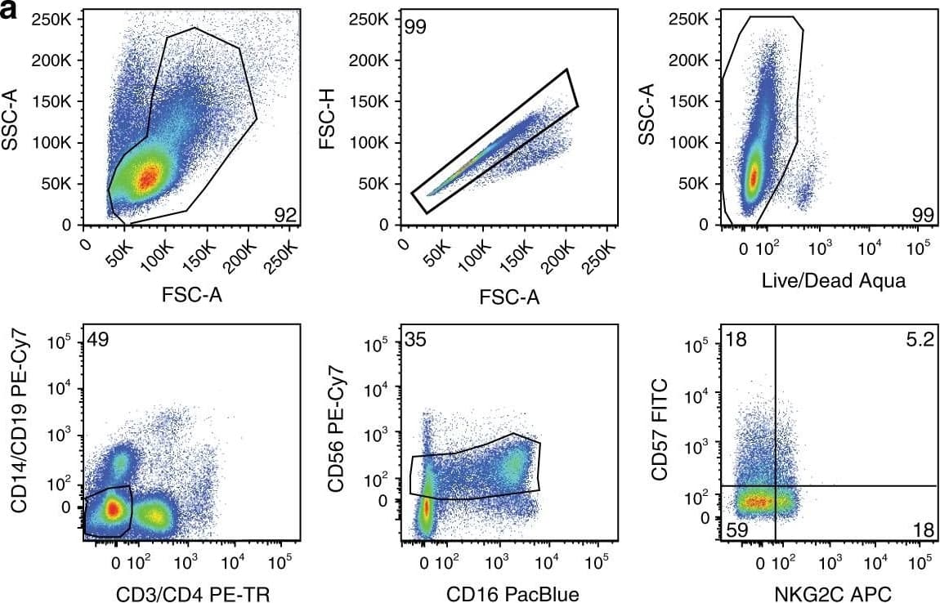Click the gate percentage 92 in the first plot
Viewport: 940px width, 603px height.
coord(285,215)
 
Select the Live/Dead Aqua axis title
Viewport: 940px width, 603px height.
coord(821,281)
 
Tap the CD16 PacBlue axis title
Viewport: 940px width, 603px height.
coord(513,594)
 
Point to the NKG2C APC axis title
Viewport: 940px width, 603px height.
coord(821,594)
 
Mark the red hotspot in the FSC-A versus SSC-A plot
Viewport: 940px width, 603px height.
coord(148,176)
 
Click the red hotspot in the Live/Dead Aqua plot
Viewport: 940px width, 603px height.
coord(754,175)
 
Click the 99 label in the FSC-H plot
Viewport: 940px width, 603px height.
coord(415,27)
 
